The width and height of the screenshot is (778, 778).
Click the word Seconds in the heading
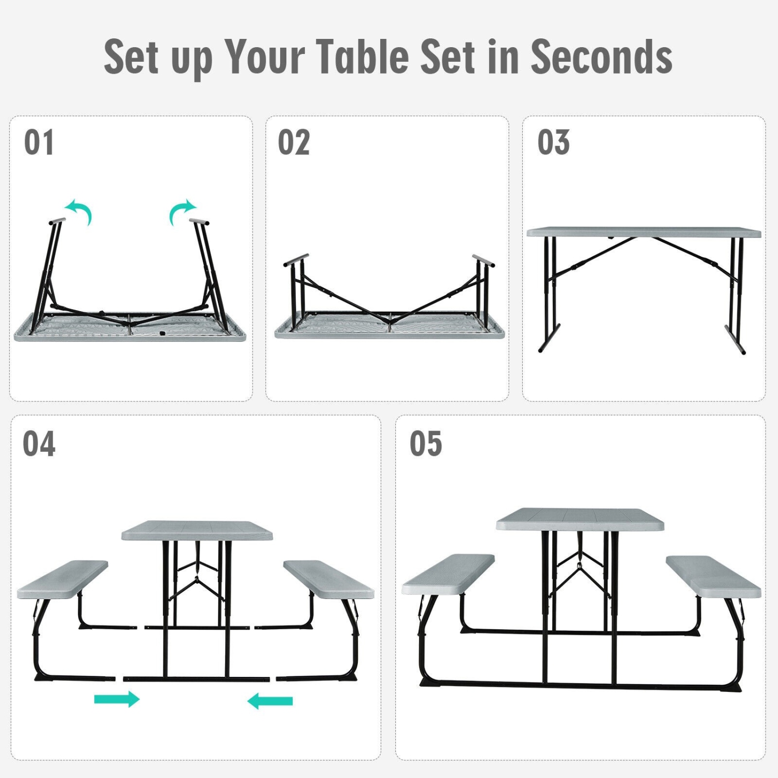point(602,57)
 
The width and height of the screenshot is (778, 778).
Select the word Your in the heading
point(265,57)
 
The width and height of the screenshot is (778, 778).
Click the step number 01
point(39,143)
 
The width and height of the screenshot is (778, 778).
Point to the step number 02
point(294,143)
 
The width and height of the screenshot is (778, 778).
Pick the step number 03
point(553,143)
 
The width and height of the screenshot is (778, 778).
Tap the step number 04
point(39,444)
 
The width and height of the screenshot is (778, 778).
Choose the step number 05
point(426,444)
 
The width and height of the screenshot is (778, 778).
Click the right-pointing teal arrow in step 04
point(117,699)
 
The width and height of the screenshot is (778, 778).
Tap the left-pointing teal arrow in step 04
point(270,701)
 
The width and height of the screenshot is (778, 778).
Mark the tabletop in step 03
point(643,232)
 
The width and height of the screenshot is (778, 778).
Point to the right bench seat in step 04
point(328,578)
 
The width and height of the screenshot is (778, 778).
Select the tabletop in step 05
point(579,519)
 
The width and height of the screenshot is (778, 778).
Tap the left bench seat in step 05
point(449,573)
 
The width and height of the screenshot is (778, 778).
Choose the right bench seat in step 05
point(714,576)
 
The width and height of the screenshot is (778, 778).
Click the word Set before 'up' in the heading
point(131,57)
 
